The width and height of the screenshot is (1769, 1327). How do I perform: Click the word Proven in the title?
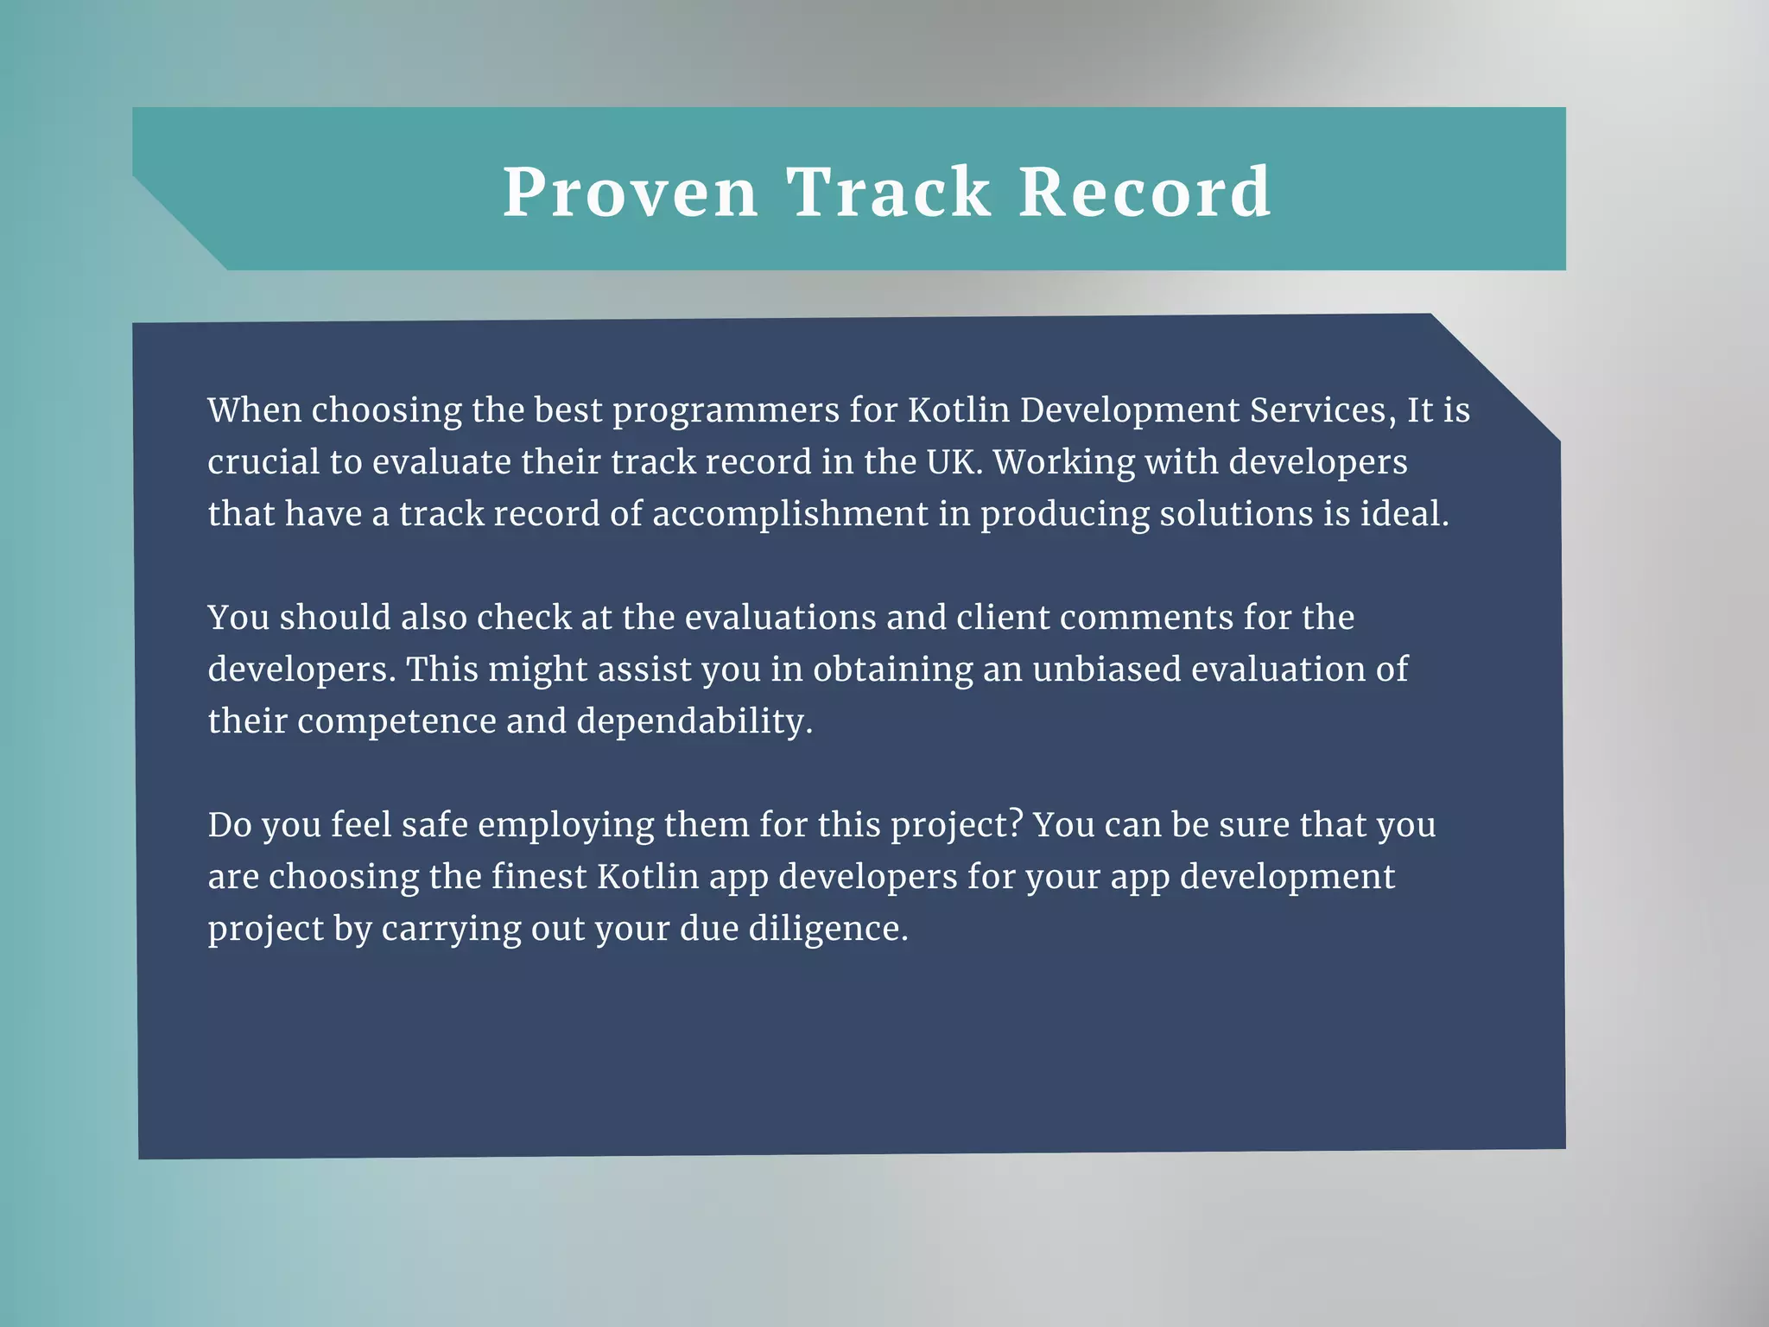(631, 192)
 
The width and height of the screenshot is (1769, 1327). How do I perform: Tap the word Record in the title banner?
(1144, 192)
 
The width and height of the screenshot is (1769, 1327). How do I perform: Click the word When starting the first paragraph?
(254, 410)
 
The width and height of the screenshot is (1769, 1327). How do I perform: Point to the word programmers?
(726, 411)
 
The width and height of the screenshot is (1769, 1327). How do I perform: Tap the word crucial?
(263, 461)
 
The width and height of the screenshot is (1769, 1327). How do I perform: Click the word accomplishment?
(789, 515)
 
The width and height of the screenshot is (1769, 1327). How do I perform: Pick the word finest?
(539, 876)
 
